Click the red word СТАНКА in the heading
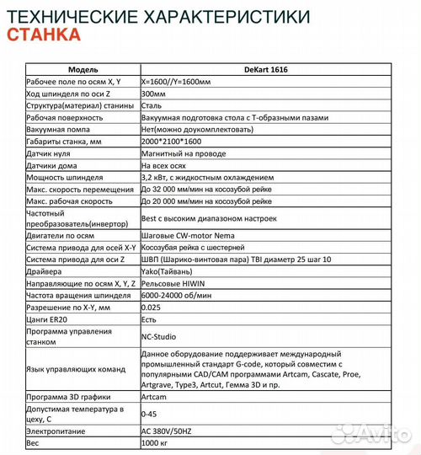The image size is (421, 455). [x=44, y=35]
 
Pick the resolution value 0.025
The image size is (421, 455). [x=152, y=308]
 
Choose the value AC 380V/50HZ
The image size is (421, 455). [x=173, y=430]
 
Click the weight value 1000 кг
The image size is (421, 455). [x=157, y=442]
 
